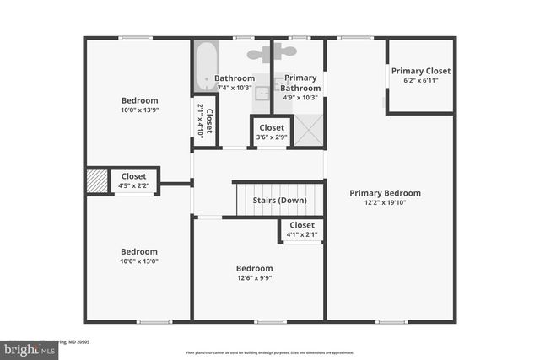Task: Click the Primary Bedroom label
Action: click(x=385, y=193)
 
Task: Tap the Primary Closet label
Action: click(x=420, y=71)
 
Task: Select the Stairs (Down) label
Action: click(x=279, y=201)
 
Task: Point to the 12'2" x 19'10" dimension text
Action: click(x=385, y=203)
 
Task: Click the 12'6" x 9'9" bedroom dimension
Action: click(x=253, y=278)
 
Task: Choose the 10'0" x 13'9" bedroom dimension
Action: click(x=139, y=110)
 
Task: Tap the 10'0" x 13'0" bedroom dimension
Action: click(x=139, y=261)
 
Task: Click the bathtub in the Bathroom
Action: click(x=205, y=67)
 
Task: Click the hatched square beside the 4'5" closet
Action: click(x=98, y=181)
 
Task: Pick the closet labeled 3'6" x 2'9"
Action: click(x=271, y=132)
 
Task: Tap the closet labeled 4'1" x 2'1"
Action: click(x=301, y=229)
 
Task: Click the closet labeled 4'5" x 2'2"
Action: click(x=134, y=180)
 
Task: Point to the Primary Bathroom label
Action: click(x=300, y=83)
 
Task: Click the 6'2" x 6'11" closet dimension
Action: click(x=420, y=81)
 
